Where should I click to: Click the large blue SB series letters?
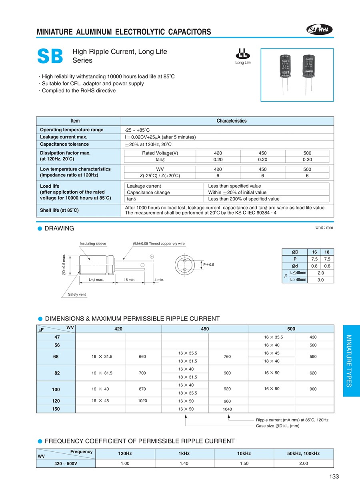click(50, 56)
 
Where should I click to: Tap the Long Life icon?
click(242, 56)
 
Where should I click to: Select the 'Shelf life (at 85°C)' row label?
click(59, 210)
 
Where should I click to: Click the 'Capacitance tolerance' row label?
click(64, 144)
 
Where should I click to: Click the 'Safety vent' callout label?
click(77, 295)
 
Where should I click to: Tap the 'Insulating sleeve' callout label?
click(93, 243)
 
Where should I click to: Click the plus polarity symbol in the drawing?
click(152, 256)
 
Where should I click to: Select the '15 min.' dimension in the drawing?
click(130, 280)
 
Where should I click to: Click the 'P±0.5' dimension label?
click(209, 265)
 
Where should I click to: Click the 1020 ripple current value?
click(142, 401)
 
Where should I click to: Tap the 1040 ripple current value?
click(227, 409)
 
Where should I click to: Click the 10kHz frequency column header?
click(244, 453)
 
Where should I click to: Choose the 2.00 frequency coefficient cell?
click(304, 463)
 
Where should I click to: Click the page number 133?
click(334, 476)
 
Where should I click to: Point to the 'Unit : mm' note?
click(324, 228)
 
